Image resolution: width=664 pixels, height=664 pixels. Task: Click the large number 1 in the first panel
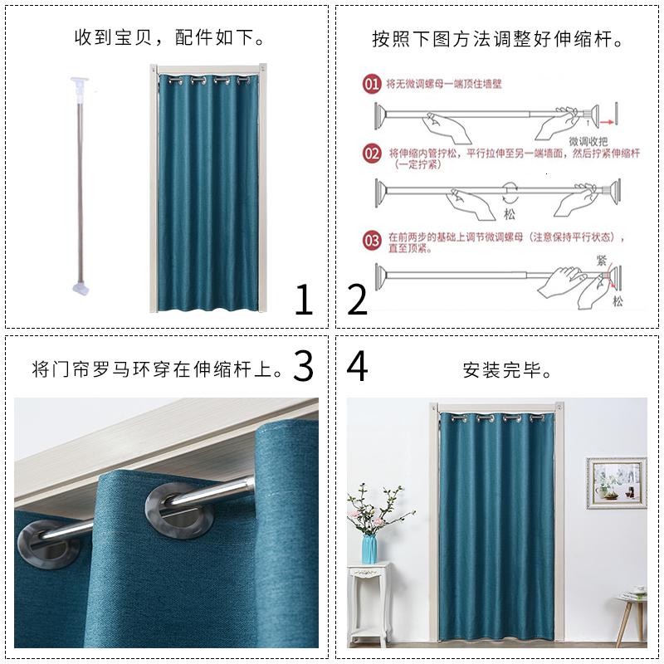point(304,300)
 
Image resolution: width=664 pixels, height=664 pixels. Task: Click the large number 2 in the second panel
point(357,300)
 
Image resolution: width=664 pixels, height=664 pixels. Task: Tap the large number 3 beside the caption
point(304,366)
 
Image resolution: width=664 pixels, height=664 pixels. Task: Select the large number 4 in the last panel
point(357,366)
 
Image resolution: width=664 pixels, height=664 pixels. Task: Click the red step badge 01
point(372,84)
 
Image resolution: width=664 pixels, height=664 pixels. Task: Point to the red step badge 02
point(372,154)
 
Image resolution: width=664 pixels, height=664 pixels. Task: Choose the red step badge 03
point(372,241)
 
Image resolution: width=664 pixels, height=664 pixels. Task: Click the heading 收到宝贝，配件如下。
point(170,38)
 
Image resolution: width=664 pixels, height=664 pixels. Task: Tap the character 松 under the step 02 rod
point(510,213)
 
